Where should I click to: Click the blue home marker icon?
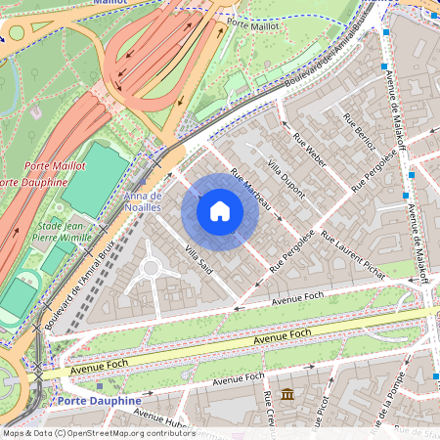coord(220,210)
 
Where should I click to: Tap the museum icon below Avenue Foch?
coord(288,394)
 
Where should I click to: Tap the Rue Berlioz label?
coord(359,130)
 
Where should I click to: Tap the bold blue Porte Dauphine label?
coord(99,401)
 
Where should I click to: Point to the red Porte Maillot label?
coord(56,165)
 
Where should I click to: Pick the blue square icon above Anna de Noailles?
coord(143,182)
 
